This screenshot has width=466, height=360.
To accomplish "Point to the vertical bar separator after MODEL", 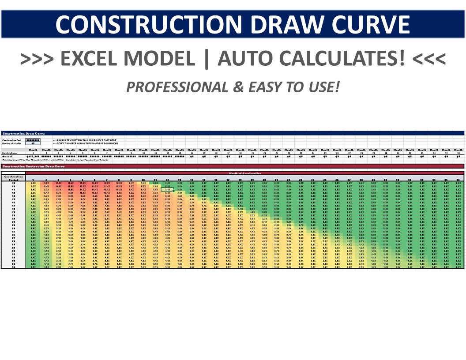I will coord(206,59).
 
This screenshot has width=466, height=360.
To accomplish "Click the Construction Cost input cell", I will coord(33,140).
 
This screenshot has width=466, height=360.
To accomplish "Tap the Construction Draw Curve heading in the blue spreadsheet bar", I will coord(23,133).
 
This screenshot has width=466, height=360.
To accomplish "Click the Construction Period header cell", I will coord(13,177).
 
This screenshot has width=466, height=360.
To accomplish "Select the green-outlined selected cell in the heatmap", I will coord(168,189).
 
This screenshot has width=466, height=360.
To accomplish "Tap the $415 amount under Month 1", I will coord(33,156).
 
